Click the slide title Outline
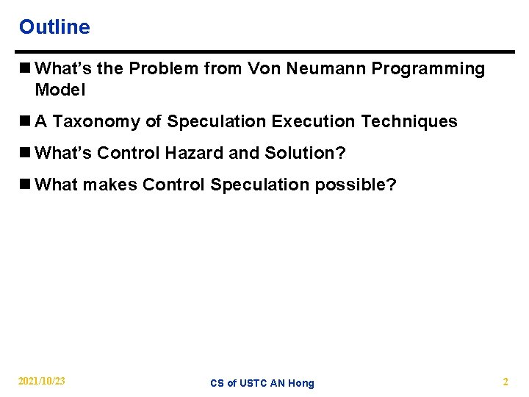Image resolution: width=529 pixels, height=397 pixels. point(54,27)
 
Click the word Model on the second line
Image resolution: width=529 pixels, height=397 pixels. point(60,90)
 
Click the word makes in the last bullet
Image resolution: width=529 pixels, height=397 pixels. point(110,185)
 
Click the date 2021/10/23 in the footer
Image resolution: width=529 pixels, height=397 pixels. point(42,381)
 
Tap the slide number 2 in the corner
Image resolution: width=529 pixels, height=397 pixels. point(505,382)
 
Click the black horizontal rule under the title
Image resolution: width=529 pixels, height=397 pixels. point(264,52)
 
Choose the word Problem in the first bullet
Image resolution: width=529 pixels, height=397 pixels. point(160,69)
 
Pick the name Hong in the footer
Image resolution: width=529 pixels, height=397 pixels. point(301,383)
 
